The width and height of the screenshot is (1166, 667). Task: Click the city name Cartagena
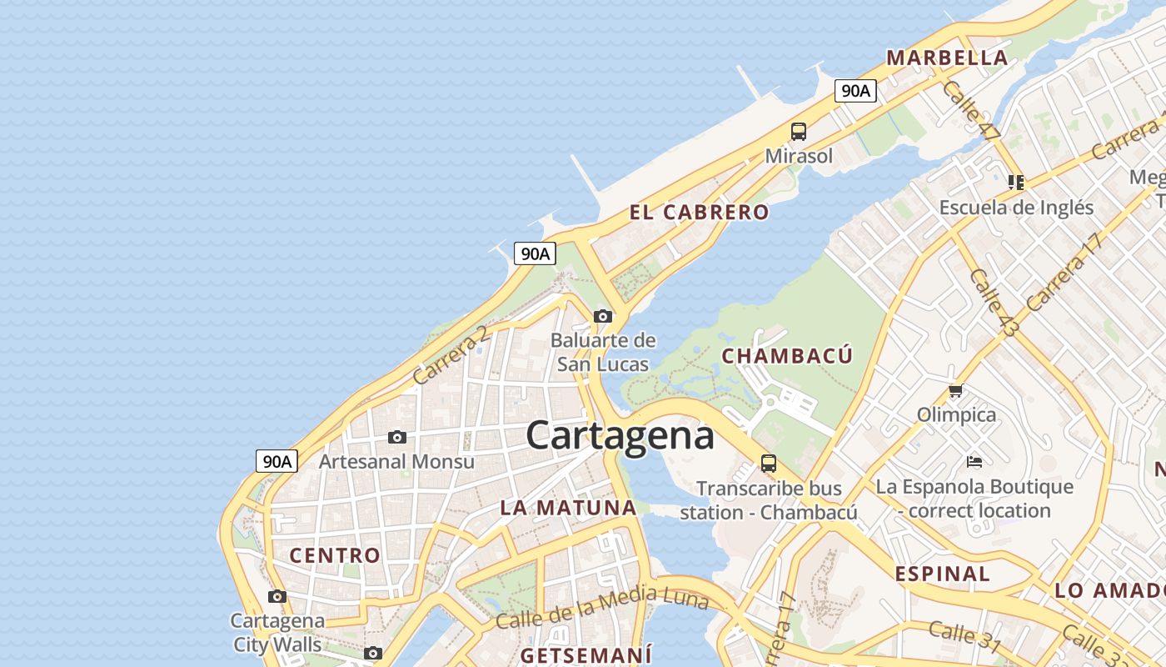point(620,435)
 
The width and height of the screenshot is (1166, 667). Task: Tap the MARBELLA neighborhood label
point(947,58)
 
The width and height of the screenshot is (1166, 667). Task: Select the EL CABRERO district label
point(699,212)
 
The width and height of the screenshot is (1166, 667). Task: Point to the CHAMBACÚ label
point(787,356)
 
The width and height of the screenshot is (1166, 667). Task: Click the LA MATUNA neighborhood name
point(568,507)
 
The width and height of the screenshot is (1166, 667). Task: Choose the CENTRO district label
point(335,554)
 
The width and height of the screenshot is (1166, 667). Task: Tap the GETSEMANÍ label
point(586,654)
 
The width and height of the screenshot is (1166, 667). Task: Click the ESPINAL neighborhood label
point(943,574)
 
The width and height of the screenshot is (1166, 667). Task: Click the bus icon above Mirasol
point(798,132)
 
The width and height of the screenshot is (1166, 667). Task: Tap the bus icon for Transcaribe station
point(768,464)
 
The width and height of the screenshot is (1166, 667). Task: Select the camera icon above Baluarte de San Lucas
point(603,316)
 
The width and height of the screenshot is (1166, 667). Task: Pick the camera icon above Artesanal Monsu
point(397,437)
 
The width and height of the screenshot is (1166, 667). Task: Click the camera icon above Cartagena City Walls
point(277,596)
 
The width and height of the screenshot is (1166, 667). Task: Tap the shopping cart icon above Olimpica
point(956,390)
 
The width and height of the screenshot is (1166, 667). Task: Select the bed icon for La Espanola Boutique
point(974,461)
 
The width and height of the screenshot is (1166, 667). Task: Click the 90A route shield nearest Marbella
point(855,91)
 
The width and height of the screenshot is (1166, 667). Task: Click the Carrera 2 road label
point(451,354)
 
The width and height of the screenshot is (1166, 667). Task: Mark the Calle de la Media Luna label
point(601,609)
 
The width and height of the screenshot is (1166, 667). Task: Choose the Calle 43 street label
point(994,303)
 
